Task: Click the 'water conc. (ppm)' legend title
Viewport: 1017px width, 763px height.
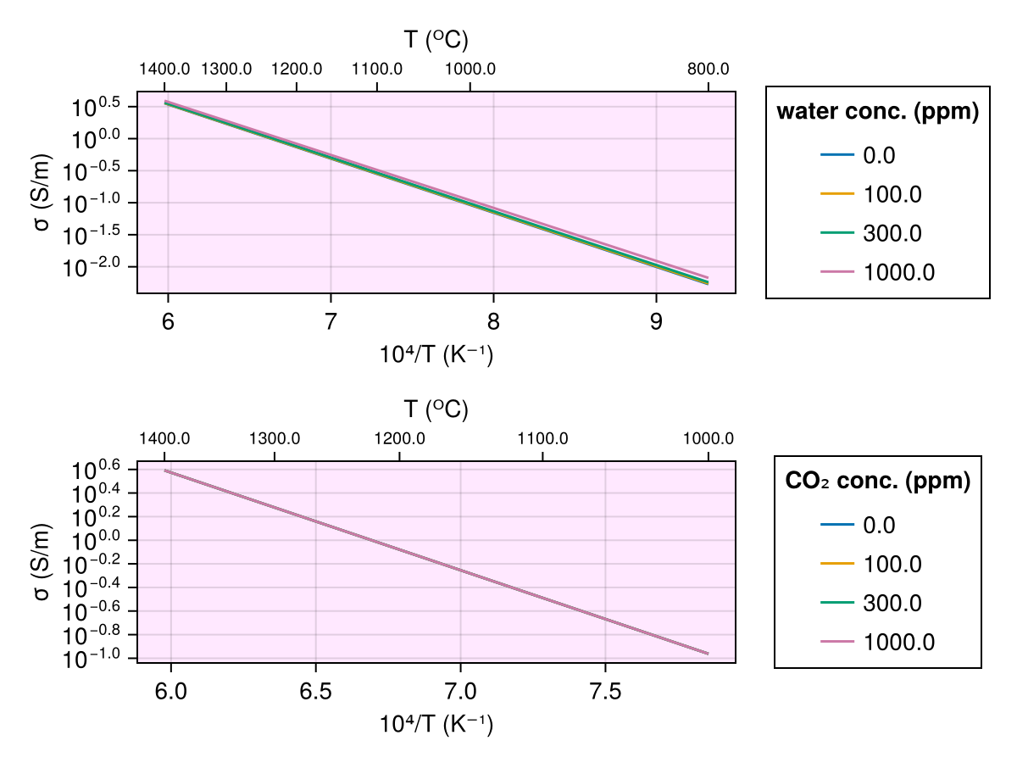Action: click(878, 112)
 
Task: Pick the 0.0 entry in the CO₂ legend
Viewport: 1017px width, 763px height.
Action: click(879, 526)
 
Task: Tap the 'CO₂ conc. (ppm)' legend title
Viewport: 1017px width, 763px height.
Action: click(878, 482)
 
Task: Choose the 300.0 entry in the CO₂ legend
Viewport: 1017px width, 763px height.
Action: click(892, 604)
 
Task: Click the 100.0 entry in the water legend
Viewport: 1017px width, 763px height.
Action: click(892, 194)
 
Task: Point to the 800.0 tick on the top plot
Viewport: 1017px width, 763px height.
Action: click(709, 70)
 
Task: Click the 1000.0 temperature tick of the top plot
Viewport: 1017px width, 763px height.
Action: click(470, 70)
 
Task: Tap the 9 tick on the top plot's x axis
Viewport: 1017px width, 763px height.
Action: click(655, 323)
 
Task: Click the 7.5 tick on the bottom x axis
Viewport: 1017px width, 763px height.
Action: click(605, 693)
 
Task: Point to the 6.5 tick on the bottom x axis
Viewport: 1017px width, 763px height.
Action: click(315, 693)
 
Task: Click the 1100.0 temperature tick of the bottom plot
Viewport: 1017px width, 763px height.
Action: click(542, 439)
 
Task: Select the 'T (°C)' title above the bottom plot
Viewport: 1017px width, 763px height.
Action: click(436, 410)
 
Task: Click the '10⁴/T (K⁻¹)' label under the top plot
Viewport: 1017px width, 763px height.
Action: click(436, 354)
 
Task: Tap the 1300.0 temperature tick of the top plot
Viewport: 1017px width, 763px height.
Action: click(226, 70)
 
